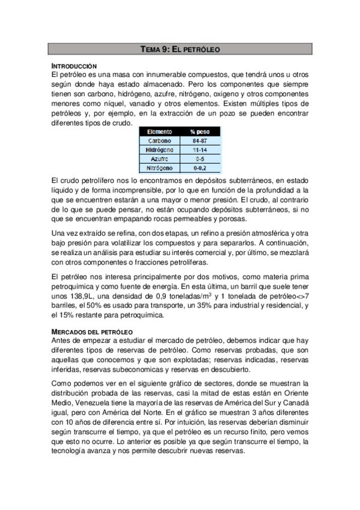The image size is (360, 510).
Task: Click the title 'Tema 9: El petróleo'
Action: pyautogui.click(x=180, y=51)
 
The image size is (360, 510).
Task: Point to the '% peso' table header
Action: pyautogui.click(x=200, y=131)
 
